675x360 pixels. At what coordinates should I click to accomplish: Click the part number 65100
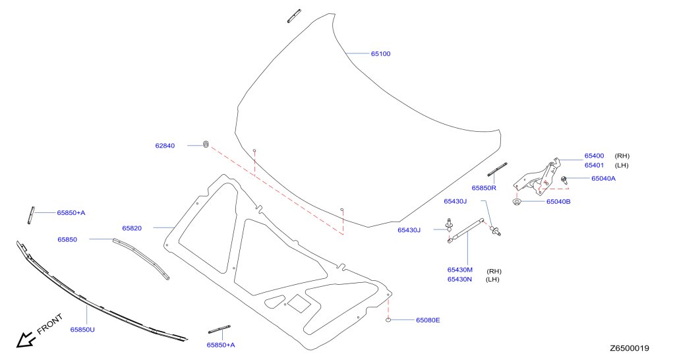[x=380, y=54]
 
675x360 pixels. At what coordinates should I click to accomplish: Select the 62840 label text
[x=165, y=146]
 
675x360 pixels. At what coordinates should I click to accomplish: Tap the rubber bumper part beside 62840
[x=206, y=144]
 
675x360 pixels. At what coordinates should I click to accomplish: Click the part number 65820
[x=132, y=228]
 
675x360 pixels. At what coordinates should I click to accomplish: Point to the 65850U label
[x=82, y=330]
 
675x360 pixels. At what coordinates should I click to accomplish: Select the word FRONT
[x=50, y=324]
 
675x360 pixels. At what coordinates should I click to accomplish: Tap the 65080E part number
[x=428, y=320]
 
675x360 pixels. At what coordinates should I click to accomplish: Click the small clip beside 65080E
[x=388, y=320]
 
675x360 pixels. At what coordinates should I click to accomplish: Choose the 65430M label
[x=459, y=270]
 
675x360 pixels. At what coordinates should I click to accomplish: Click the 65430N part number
[x=459, y=279]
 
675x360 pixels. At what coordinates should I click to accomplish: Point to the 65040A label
[x=603, y=178]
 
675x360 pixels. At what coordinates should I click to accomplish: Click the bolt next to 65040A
[x=564, y=179]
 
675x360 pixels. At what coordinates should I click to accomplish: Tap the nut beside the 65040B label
[x=517, y=202]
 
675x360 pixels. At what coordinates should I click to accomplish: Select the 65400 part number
[x=594, y=156]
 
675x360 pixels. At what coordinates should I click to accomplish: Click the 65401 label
[x=594, y=165]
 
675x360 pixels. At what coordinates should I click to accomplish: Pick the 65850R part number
[x=484, y=188]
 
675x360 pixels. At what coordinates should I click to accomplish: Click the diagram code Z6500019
[x=629, y=348]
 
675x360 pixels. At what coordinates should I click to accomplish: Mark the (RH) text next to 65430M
[x=494, y=271]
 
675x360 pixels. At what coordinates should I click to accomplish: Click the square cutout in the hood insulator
[x=299, y=303]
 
